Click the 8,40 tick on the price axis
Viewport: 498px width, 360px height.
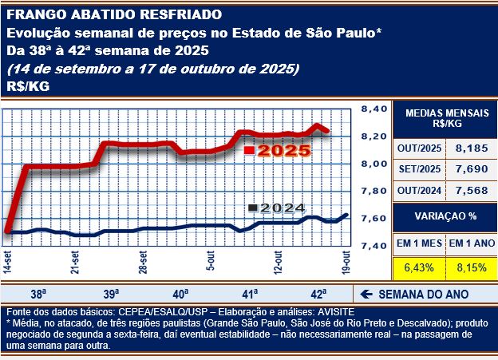(373, 109)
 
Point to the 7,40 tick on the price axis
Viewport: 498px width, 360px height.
(373, 246)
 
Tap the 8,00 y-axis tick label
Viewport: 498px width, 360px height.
(373, 164)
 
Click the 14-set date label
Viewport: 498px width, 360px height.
(8, 263)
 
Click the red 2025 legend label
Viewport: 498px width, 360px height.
(279, 150)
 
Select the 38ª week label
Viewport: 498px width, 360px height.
(38, 293)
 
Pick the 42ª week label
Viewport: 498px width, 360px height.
(317, 293)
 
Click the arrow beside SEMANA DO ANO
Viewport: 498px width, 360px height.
(369, 293)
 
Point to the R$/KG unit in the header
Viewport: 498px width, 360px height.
(27, 86)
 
